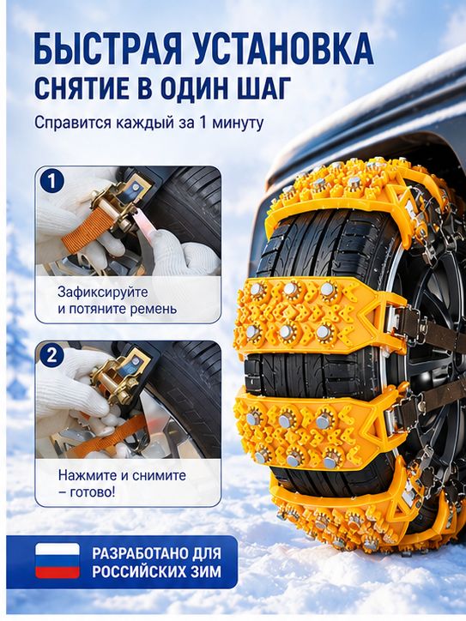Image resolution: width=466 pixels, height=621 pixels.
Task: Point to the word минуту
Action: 238,123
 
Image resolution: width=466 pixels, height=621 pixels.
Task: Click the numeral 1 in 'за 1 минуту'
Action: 203,122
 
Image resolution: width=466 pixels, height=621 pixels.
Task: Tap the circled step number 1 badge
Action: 51,182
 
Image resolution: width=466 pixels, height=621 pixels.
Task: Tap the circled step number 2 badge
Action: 51,355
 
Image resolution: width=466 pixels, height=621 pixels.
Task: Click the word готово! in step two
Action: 93,492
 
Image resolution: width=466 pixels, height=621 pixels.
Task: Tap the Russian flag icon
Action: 57,561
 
